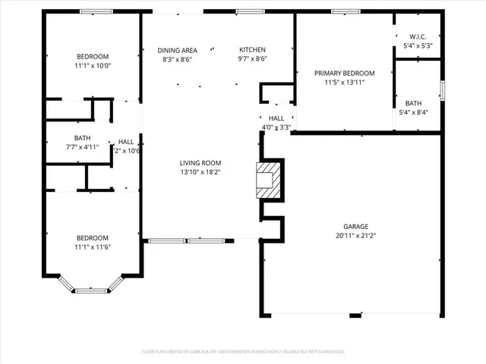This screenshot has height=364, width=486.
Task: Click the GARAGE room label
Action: click(355, 227)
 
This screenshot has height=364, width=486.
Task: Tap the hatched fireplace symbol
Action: click(267, 181)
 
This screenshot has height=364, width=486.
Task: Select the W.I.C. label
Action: click(417, 36)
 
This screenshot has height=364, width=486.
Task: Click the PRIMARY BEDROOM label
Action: click(345, 74)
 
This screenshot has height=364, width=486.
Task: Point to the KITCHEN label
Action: click(252, 50)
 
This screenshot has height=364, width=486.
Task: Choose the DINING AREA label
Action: click(177, 50)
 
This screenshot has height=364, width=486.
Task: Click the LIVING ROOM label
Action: click(200, 163)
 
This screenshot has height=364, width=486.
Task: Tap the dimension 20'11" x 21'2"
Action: click(355, 236)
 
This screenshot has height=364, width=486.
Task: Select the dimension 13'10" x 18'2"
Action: click(200, 172)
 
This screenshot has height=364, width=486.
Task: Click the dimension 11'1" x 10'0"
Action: click(92, 65)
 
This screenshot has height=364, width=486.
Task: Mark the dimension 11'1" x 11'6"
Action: click(92, 246)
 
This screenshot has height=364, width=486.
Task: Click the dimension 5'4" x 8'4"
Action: click(414, 113)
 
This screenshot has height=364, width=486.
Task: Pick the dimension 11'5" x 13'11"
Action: click(345, 83)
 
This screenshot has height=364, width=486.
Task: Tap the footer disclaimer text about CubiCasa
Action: click(243, 351)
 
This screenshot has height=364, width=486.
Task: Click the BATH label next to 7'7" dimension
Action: click(82, 136)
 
